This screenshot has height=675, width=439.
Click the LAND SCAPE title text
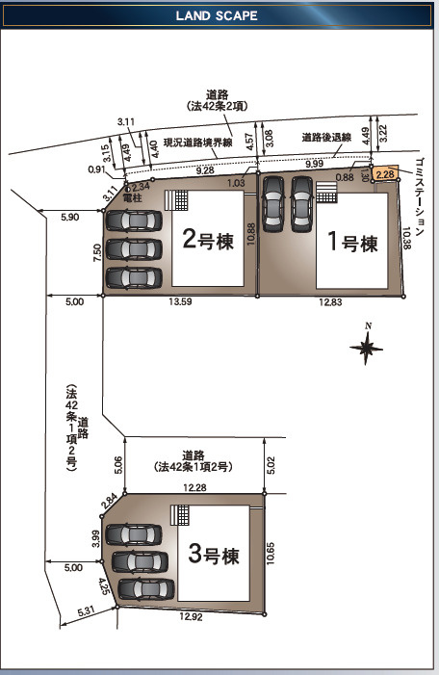pos(217,16)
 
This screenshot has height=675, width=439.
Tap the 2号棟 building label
pos(208,240)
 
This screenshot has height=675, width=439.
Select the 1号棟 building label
pos(353,242)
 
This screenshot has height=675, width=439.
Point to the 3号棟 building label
pos(214,554)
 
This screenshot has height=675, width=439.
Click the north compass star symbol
pos(366,348)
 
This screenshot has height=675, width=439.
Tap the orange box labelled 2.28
pos(384,174)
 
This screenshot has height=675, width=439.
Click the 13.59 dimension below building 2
pos(180,301)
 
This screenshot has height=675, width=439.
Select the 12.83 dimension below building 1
pos(330,302)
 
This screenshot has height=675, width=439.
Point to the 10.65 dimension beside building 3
pos(271,553)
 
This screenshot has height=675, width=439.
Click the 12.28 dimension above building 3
pos(194,488)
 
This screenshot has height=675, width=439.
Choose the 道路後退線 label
pos(326,138)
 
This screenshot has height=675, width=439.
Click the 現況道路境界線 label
pos(198,143)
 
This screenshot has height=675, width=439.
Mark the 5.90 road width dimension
pos(70,217)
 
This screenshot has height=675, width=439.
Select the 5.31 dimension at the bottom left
pos(87,611)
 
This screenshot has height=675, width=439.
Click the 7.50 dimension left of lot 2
pos(97,252)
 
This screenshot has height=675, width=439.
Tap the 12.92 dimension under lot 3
pos(191,617)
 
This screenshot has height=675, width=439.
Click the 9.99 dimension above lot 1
pos(314,164)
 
